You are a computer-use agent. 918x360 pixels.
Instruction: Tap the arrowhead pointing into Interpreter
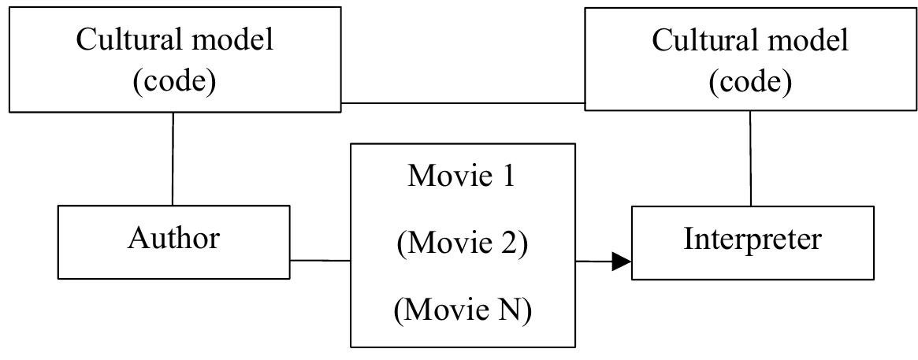(622, 262)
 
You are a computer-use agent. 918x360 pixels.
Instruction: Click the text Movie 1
(461, 176)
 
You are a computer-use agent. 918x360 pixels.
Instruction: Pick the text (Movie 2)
(462, 243)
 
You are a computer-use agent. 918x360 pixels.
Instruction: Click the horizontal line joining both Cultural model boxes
(463, 103)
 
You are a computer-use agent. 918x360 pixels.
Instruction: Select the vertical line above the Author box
(173, 158)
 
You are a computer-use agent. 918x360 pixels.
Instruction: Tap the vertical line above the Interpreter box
(750, 158)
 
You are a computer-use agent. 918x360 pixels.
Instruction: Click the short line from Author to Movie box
(320, 260)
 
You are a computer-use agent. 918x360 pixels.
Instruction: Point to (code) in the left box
(173, 81)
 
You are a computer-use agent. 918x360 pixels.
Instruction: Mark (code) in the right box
(749, 81)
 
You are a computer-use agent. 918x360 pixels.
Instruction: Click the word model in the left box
(233, 40)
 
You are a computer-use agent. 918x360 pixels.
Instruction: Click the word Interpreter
(753, 239)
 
